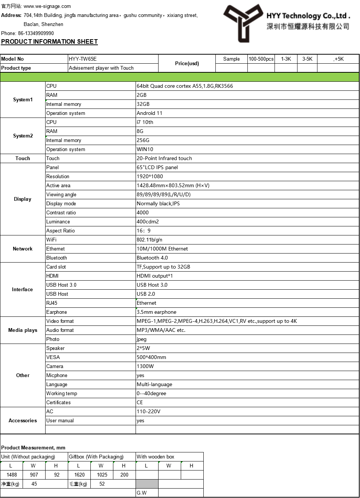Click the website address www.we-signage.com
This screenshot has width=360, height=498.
47,6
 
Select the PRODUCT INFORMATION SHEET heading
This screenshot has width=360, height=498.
49,42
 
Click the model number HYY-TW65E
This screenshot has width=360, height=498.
83,59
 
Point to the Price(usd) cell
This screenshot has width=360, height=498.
187,63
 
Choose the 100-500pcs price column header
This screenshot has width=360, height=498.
261,59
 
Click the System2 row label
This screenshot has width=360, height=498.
23,136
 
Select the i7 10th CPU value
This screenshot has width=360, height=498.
145,122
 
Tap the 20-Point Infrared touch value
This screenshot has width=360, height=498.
164,158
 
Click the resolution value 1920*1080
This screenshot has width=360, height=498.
150,176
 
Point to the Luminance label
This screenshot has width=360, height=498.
58,222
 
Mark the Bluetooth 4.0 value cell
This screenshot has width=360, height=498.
152,258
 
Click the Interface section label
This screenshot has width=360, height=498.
22,289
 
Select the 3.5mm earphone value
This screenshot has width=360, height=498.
156,312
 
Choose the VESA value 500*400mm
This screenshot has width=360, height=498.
151,357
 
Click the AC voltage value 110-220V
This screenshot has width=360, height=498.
148,411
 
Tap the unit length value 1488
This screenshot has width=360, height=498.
12,475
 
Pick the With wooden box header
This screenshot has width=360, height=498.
156,457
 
